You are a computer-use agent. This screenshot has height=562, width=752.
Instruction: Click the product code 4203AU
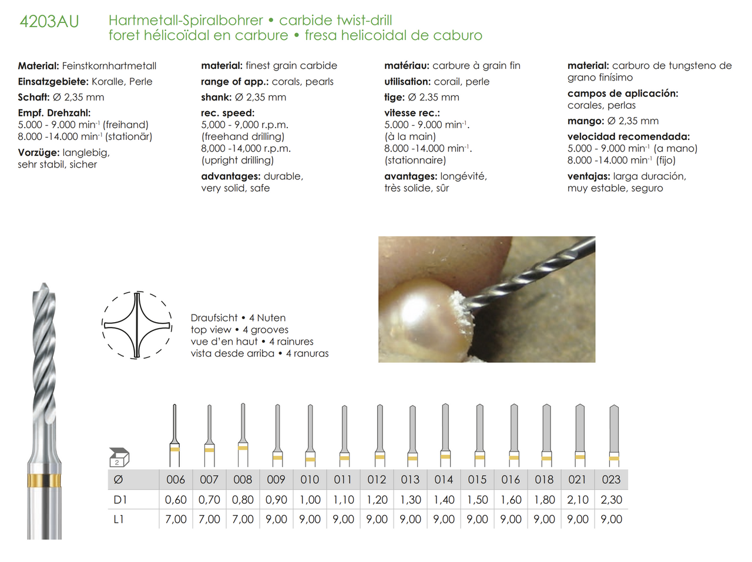49,22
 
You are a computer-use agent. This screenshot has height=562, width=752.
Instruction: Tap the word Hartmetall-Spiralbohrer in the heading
186,20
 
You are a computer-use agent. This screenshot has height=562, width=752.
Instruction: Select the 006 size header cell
176,480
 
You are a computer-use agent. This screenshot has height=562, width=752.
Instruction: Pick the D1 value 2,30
611,500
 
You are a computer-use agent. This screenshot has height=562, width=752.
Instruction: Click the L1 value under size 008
243,519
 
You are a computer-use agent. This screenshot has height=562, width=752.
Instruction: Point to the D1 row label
120,500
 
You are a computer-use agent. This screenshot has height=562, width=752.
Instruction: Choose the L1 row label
119,519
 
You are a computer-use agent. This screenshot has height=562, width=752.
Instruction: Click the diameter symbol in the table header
118,480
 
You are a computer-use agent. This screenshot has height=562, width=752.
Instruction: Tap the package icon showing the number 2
119,457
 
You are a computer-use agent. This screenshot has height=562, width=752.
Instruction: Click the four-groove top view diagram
137,325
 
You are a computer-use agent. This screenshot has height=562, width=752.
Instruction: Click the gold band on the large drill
44,480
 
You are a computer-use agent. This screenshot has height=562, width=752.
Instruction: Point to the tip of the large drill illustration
43,287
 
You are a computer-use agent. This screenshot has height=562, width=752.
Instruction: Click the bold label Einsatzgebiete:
53,82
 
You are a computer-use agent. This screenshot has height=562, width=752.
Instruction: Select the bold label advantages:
230,176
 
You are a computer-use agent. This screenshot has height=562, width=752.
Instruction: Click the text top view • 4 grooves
239,330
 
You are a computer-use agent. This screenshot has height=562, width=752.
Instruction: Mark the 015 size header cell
477,480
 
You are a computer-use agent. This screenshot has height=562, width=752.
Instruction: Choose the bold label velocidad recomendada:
629,136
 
